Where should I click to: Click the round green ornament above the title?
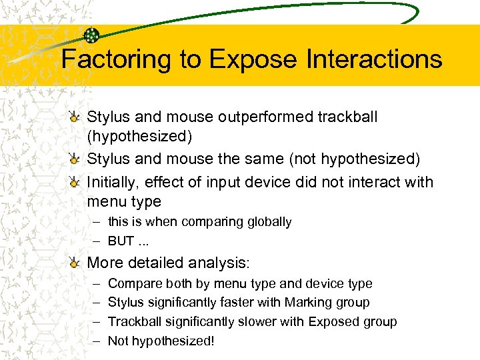coord(92,36)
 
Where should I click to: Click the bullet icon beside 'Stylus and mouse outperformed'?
coord(78,117)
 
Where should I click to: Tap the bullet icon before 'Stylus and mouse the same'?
coord(78,159)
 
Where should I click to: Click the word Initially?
coord(113,182)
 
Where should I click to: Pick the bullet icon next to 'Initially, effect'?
coord(78,183)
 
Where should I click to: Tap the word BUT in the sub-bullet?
coord(121,241)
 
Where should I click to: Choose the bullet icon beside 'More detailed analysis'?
coord(78,263)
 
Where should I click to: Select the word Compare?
coord(131,284)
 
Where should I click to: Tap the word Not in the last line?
coord(117,341)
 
